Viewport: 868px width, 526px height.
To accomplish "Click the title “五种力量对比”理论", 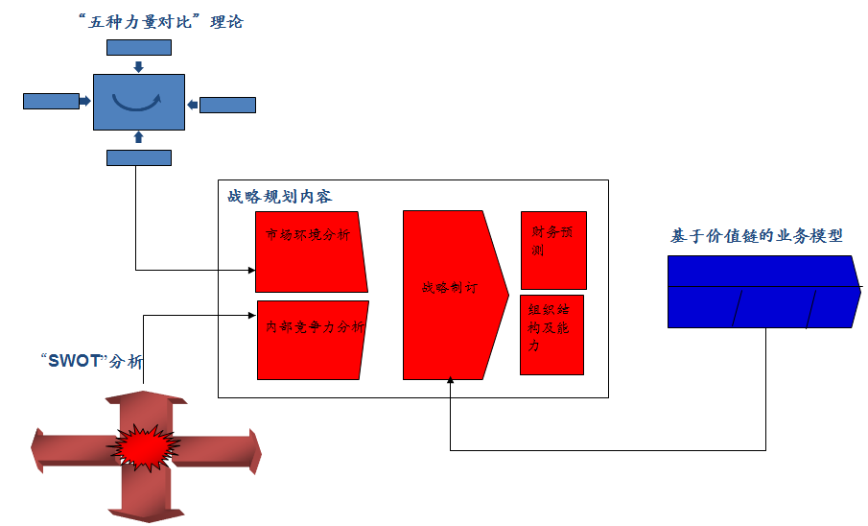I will [x=162, y=21].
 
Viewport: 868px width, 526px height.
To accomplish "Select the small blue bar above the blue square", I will [x=139, y=47].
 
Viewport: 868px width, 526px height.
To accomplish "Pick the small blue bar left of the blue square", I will [x=51, y=101].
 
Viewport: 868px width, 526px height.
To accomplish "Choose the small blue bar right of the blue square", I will [x=227, y=105].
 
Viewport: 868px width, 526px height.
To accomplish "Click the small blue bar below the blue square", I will [x=139, y=157].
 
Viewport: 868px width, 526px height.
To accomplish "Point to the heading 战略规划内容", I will [x=279, y=197].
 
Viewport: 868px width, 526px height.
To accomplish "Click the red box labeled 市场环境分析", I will [x=310, y=251].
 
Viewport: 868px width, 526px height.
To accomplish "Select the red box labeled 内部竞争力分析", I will [x=313, y=340].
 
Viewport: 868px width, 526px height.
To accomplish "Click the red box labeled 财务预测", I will [x=552, y=250].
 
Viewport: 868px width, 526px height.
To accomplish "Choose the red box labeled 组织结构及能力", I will [x=551, y=334].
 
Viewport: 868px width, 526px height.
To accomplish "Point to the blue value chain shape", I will [x=762, y=292].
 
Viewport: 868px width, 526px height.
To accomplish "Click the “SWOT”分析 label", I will [x=93, y=362].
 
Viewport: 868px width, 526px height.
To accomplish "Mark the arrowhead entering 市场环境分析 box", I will [x=251, y=270].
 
